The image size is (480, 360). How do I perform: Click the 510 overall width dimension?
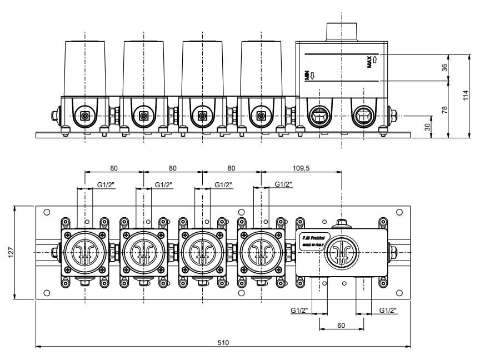click(223, 342)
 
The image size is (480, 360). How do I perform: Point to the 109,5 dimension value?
click(301, 167)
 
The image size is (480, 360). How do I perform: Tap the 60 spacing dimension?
click(341, 326)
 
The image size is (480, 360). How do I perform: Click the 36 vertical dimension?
click(444, 67)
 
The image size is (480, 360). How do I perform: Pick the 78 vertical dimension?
click(444, 110)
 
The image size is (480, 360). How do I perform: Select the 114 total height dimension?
click(466, 96)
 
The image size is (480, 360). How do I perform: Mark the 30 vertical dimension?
click(428, 127)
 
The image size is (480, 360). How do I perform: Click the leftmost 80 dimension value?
click(114, 167)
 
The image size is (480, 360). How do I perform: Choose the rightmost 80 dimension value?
click(231, 167)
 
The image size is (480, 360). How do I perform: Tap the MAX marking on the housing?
click(371, 62)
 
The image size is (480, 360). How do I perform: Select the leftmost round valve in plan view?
click(84, 253)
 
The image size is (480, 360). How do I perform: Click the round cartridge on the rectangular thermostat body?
click(341, 253)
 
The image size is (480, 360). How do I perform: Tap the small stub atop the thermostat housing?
click(341, 31)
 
